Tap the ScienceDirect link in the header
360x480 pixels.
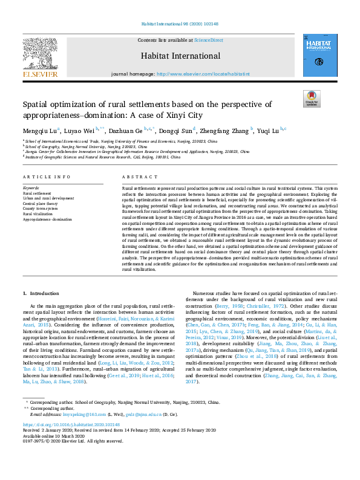point(208,40)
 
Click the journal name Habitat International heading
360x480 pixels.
point(180,55)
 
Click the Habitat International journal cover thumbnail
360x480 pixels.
point(316,55)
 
